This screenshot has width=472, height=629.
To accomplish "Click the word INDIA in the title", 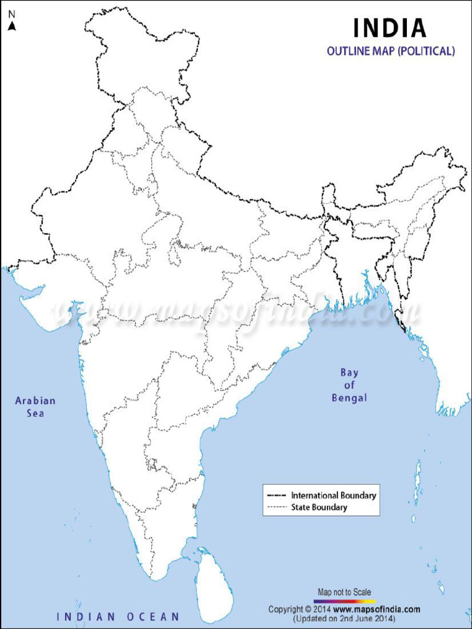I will (x=389, y=28).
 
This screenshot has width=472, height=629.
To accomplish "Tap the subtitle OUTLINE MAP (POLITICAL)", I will (x=391, y=52).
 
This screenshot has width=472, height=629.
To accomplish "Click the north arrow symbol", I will (x=12, y=25).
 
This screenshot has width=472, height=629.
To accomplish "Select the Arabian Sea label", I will (x=35, y=407).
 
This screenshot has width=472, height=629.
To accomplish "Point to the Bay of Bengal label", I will (x=349, y=385).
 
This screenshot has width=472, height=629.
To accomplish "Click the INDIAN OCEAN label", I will (x=118, y=616).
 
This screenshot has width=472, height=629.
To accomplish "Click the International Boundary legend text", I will (x=334, y=495).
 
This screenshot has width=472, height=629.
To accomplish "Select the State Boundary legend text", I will (x=319, y=507).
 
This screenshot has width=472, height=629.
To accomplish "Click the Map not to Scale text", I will (x=344, y=592).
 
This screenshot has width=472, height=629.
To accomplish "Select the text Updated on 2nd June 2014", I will (x=344, y=618).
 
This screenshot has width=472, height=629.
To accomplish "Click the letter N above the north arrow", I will (x=12, y=14).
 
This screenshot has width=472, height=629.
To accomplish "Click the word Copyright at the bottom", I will (x=285, y=609).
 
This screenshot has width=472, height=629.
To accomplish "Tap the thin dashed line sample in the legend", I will (x=277, y=507).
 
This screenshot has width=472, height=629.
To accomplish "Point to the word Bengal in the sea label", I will (x=349, y=398).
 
